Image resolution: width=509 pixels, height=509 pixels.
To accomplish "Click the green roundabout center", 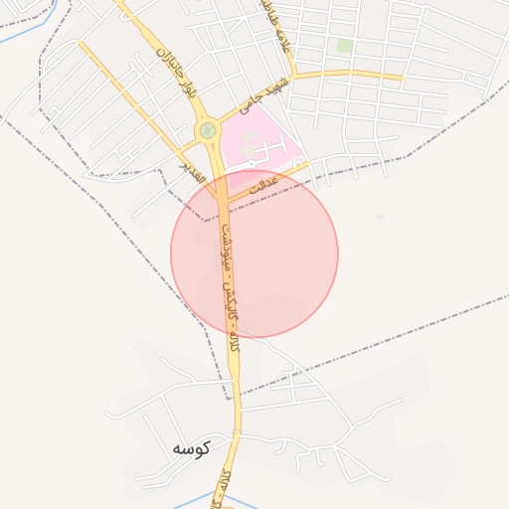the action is point(207,129).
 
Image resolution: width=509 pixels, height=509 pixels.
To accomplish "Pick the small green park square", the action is point(345,46).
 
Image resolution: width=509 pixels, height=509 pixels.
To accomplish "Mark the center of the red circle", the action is point(254,254).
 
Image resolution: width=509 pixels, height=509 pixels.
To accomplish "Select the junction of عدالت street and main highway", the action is point(225,199).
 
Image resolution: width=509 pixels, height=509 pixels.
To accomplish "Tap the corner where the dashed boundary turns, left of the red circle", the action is point(205,220).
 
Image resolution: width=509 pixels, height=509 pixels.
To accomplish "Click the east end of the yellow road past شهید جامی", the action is point(402,78).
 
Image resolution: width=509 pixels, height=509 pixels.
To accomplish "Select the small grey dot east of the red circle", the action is point(379,217).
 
